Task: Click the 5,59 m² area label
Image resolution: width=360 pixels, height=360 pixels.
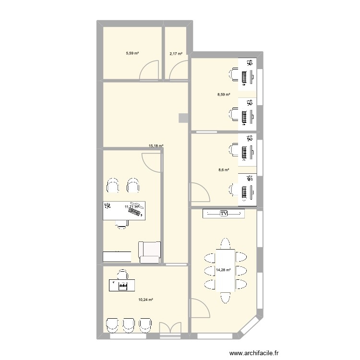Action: click(132, 53)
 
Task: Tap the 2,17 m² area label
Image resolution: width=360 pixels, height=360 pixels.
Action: click(176, 53)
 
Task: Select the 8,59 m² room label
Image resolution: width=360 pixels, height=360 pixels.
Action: click(224, 95)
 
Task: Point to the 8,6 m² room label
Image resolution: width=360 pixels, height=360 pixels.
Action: click(224, 169)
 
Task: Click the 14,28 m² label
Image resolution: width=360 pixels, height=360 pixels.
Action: click(224, 270)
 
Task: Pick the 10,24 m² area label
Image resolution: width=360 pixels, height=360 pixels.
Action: click(145, 300)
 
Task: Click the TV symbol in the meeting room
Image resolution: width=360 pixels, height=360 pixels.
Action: click(224, 213)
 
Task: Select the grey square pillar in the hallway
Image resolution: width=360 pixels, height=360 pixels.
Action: click(183, 118)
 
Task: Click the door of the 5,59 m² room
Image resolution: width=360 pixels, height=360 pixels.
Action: click(149, 71)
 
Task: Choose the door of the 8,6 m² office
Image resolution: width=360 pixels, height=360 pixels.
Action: click(199, 192)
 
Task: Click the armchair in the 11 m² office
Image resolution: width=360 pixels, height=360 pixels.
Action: click(149, 252)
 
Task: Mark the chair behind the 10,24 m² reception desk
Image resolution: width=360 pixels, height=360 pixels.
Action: click(123, 275)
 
